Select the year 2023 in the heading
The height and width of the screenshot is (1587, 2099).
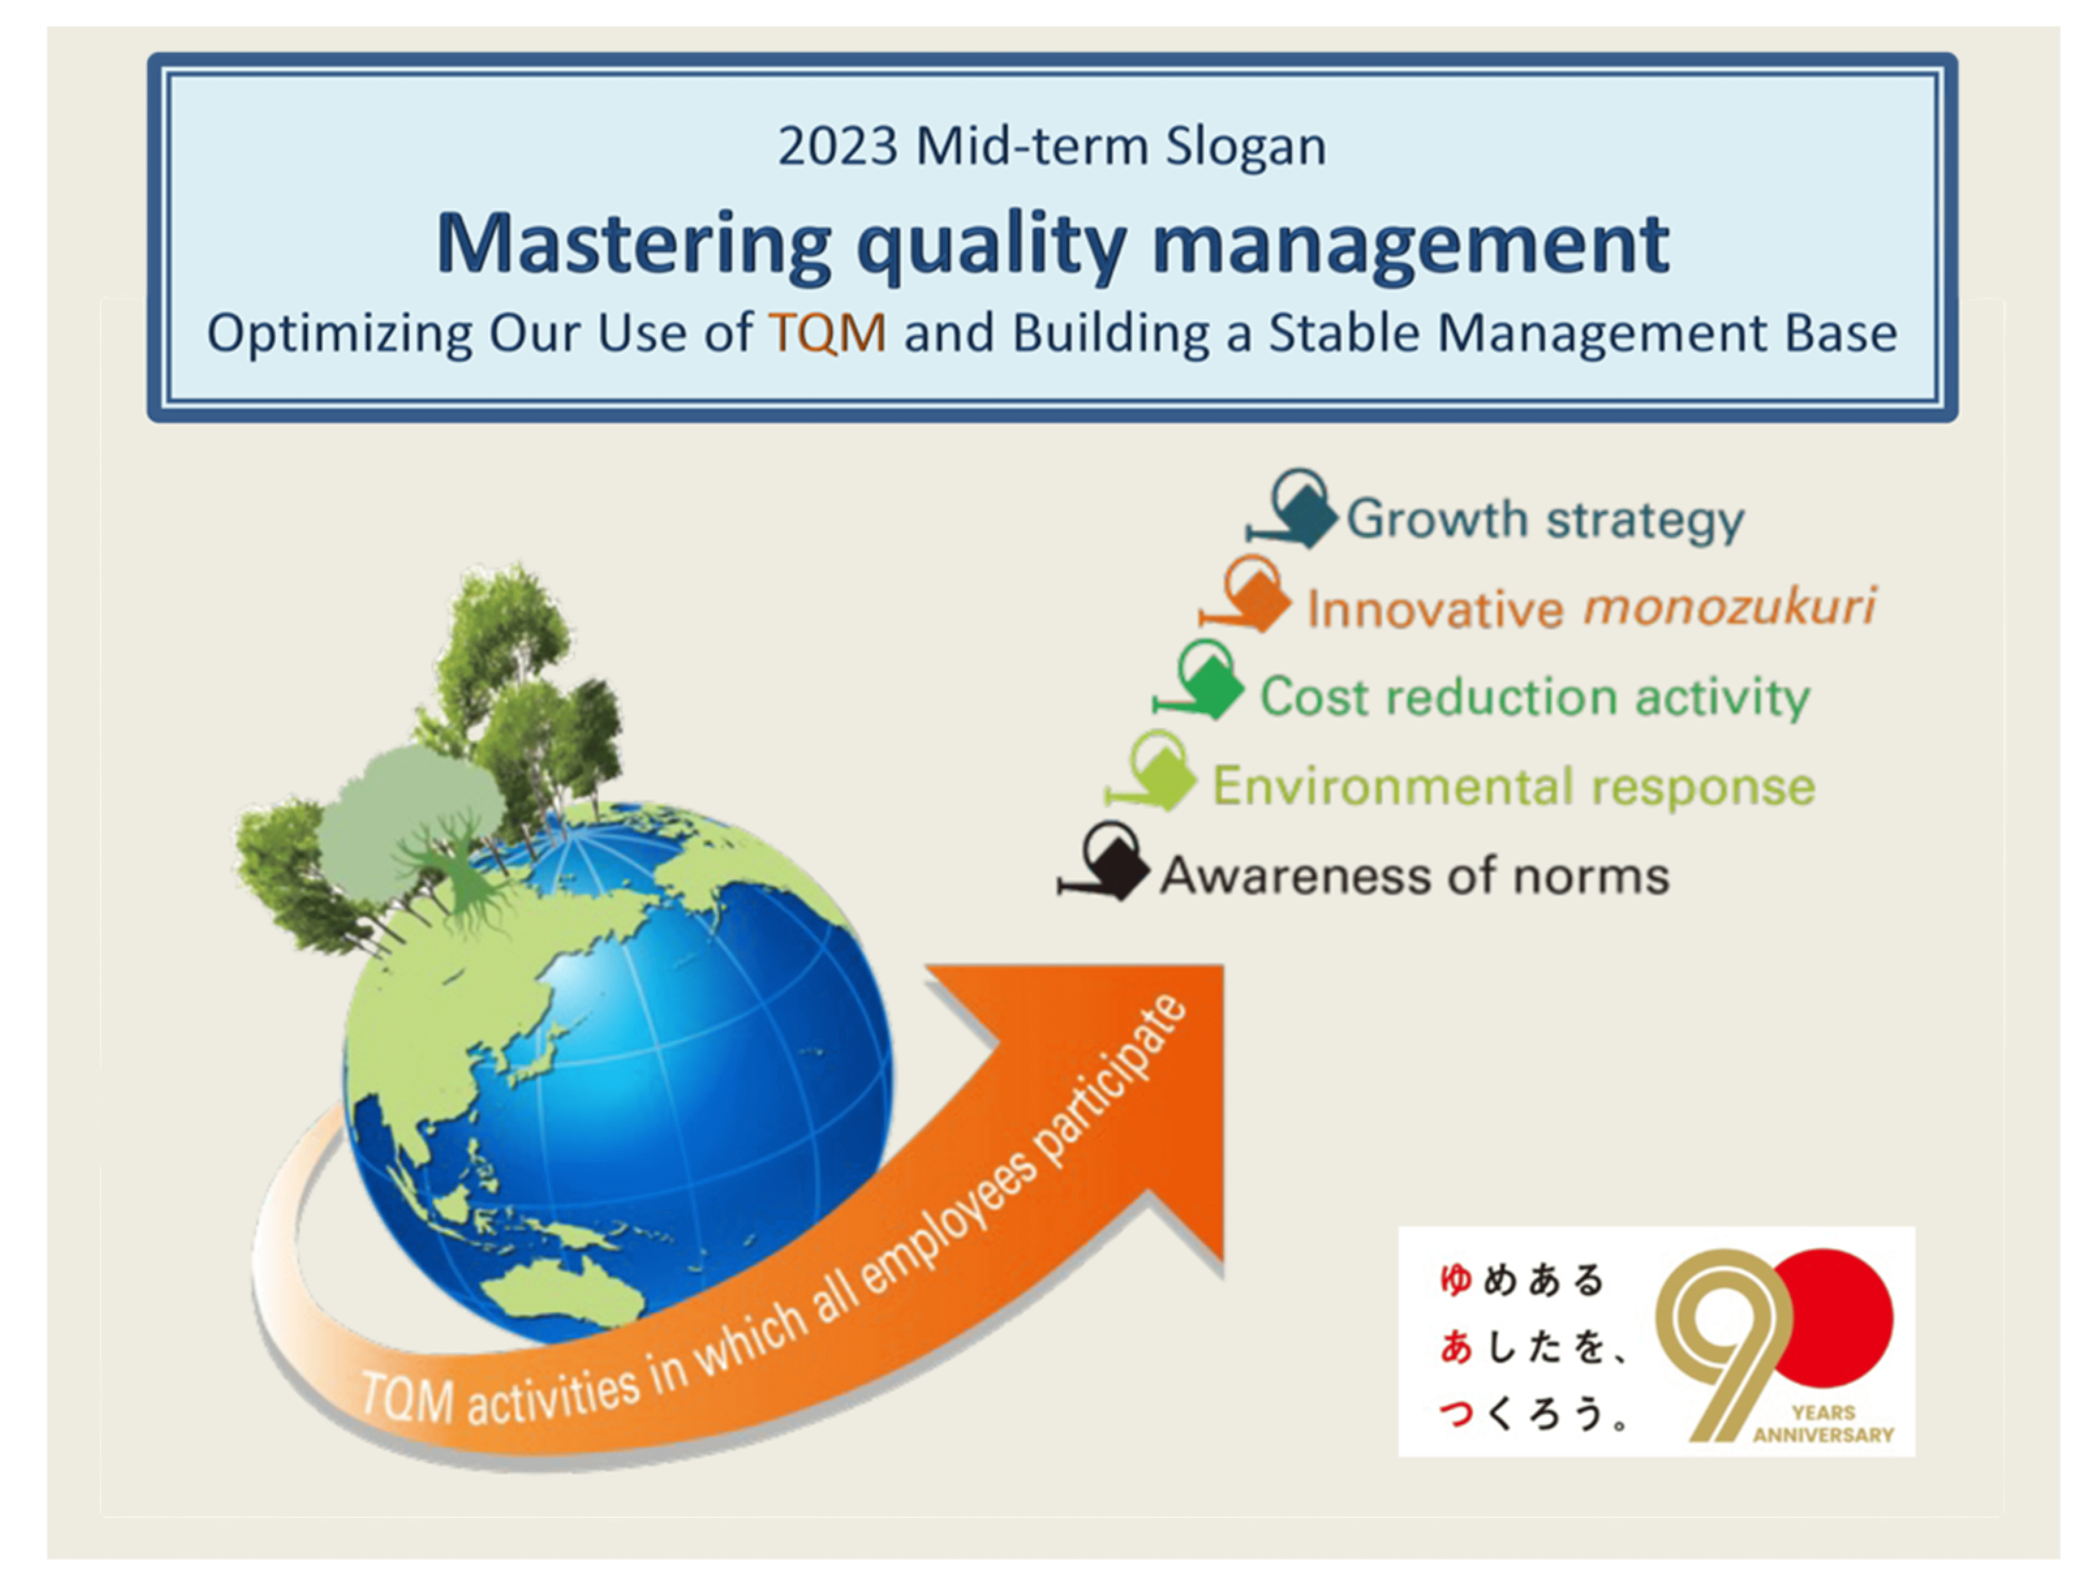837,147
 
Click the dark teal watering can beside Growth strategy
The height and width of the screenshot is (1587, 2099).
1300,513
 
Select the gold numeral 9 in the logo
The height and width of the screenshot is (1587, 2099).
1722,1339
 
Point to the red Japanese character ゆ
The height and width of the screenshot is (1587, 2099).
1455,1279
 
